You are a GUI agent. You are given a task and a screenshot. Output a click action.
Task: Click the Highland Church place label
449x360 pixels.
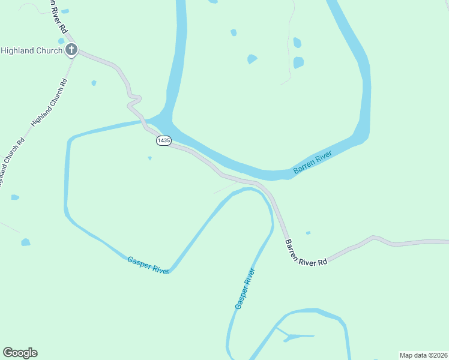coord(31,51)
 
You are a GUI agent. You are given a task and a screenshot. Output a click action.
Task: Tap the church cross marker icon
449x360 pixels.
coord(71,50)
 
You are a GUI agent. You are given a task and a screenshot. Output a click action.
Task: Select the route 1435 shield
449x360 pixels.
coord(163,140)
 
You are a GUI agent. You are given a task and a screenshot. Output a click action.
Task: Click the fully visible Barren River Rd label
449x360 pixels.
coord(306,253)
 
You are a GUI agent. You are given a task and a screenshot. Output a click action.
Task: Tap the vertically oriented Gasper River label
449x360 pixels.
coord(246,289)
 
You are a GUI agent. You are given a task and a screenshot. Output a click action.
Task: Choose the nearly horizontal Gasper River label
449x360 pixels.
coord(148,265)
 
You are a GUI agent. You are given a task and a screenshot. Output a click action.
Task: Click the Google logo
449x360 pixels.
coord(20,353)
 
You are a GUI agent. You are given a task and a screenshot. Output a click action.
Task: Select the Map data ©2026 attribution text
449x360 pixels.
coord(423,355)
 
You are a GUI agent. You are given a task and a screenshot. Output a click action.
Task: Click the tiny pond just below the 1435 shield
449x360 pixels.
coord(149,158)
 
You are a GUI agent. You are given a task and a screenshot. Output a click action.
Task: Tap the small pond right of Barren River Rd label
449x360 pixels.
coord(308,233)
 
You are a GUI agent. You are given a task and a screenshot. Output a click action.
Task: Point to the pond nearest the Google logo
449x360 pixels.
coord(25,242)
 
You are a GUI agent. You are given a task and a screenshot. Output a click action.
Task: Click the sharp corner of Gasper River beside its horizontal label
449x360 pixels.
coord(172,269)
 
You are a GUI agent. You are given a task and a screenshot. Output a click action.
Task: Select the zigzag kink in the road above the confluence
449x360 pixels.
coord(133,100)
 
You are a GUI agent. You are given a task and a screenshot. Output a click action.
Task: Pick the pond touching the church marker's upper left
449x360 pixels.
coord(61,41)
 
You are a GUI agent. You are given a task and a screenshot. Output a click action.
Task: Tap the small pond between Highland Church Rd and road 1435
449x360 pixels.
coord(94,83)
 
